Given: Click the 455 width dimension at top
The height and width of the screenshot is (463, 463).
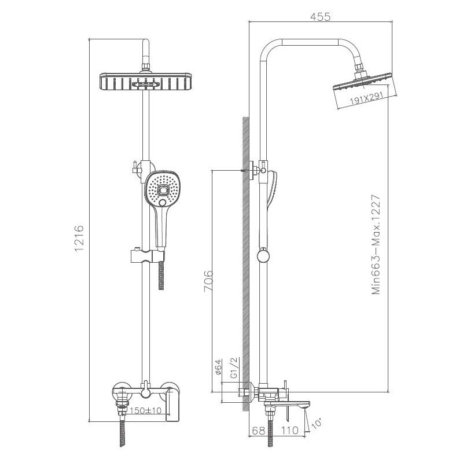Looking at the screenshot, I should coord(319,17).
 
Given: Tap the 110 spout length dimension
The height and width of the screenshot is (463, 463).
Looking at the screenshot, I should coord(290,430).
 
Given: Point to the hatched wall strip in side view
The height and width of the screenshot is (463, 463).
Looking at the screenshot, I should coord(245,260).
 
